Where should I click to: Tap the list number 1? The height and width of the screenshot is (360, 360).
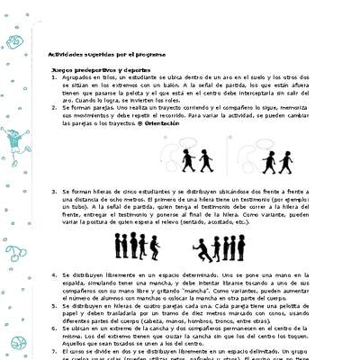coord(54,78)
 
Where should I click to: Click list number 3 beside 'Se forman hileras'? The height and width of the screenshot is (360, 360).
coord(54,191)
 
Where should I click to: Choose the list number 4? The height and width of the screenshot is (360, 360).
coord(54,274)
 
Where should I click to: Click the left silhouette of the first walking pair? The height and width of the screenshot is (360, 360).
coord(187,160)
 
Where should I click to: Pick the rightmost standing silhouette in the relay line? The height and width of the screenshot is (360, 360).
coord(241,246)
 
